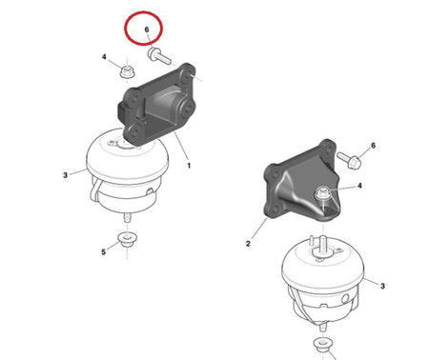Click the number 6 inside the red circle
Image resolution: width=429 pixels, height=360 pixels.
tap(147, 30)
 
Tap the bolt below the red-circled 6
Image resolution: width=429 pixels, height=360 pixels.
tap(159, 56)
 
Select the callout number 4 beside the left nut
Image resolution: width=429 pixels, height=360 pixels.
tap(104, 57)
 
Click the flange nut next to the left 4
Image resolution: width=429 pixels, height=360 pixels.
tap(127, 71)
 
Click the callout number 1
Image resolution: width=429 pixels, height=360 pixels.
tap(189, 166)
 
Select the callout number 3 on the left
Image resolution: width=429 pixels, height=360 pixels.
tap(65, 175)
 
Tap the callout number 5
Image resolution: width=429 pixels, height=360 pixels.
tap(103, 252)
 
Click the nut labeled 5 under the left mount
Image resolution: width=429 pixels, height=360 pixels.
tap(128, 240)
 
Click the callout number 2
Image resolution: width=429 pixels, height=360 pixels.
tap(248, 244)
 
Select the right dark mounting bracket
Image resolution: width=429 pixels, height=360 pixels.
tap(300, 183)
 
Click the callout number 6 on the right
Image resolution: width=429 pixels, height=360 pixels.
tap(373, 146)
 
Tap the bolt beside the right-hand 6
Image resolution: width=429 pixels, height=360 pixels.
tap(349, 160)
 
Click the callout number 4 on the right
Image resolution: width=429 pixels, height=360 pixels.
tap(359, 186)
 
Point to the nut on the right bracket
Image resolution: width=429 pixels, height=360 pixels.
tap(322, 193)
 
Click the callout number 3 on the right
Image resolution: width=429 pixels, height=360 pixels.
tap(382, 286)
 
